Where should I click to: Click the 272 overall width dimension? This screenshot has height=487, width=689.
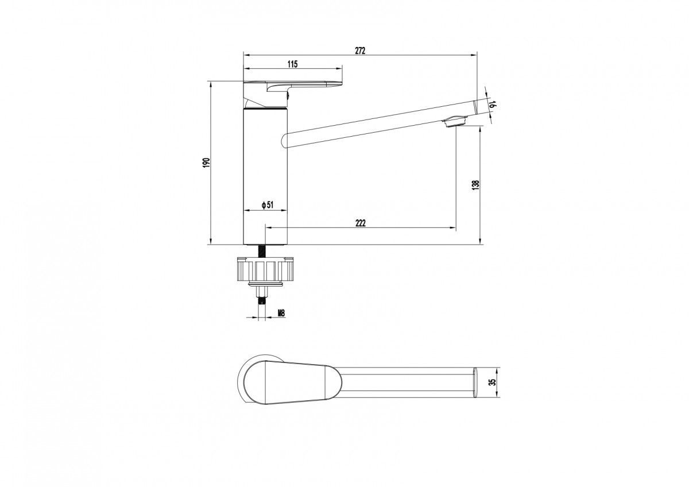[360, 51]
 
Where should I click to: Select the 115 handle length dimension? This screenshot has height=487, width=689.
[292, 64]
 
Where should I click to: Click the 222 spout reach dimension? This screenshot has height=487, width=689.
[361, 223]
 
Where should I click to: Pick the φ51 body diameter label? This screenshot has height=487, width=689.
[268, 205]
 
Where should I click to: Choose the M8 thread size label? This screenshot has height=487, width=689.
[281, 314]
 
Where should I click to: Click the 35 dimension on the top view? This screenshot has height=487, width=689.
[493, 382]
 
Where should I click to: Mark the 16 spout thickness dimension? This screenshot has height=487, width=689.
[493, 104]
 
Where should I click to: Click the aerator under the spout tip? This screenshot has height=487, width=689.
[455, 121]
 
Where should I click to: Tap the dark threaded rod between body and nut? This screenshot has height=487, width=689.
[262, 251]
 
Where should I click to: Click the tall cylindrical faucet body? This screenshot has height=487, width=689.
[265, 177]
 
